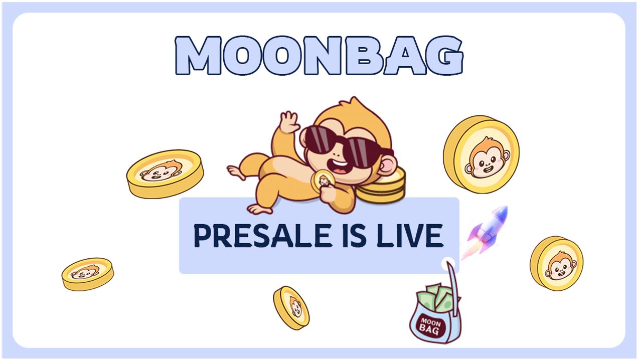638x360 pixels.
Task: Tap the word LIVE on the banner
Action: (410, 236)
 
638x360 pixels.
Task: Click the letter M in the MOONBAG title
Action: (198, 55)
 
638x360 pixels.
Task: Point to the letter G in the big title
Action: (446, 55)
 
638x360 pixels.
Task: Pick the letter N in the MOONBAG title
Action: (324, 55)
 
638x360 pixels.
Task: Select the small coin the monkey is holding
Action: (323, 180)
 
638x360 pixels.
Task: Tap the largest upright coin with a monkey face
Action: (482, 154)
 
